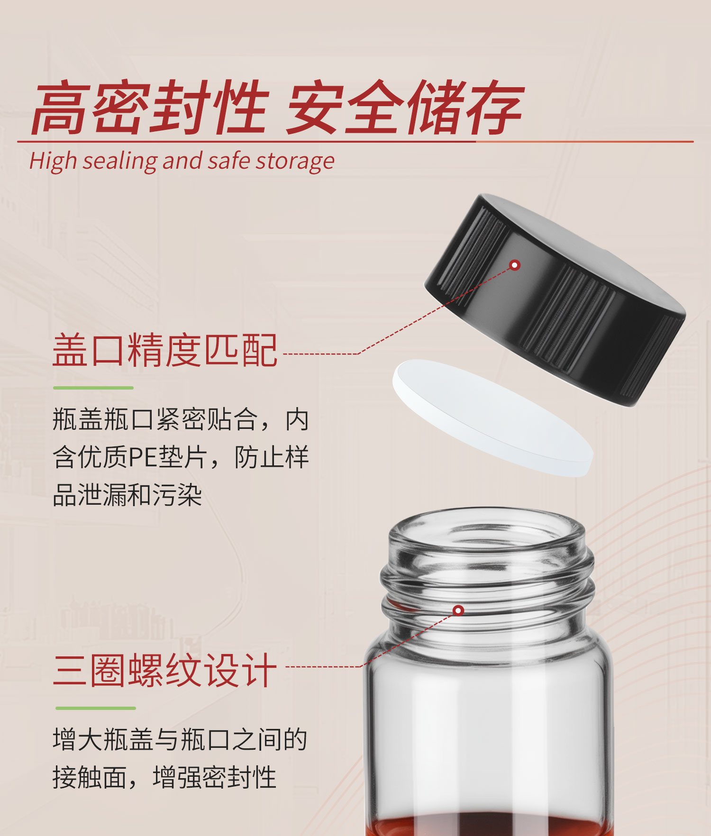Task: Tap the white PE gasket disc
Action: click(x=493, y=417)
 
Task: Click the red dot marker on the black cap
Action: click(x=515, y=265)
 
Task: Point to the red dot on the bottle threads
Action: click(x=458, y=610)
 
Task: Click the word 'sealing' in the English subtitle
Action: click(x=120, y=161)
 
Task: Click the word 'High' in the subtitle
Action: click(x=53, y=161)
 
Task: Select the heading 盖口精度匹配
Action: click(x=164, y=350)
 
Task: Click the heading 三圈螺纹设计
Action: click(x=164, y=670)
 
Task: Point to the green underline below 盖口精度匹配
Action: click(x=93, y=388)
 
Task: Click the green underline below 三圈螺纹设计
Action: click(x=95, y=708)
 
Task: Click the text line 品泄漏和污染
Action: click(x=128, y=495)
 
